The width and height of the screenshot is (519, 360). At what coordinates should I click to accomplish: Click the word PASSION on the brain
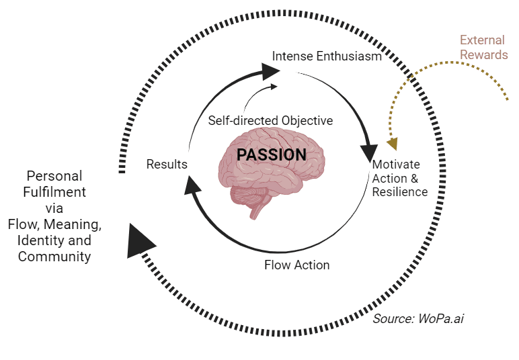click(x=271, y=155)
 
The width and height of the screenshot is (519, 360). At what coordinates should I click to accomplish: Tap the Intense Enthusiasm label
click(x=327, y=56)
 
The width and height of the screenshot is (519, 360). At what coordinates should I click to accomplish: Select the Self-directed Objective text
click(x=270, y=121)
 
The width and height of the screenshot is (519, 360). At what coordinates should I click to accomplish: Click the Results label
click(x=167, y=165)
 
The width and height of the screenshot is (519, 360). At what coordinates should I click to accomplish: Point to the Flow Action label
click(x=296, y=265)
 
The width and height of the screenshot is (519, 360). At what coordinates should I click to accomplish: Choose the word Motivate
click(x=395, y=165)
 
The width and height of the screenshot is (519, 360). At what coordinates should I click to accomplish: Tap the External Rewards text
click(x=484, y=47)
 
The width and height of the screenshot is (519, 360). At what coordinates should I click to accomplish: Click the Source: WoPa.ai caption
click(x=418, y=318)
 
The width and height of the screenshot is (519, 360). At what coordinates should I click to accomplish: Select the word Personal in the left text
click(x=54, y=176)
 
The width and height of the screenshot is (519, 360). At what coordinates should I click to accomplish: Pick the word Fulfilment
click(x=54, y=192)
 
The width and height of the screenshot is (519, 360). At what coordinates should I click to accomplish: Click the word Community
click(x=54, y=256)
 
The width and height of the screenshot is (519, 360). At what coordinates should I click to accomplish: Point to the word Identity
click(x=42, y=240)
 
